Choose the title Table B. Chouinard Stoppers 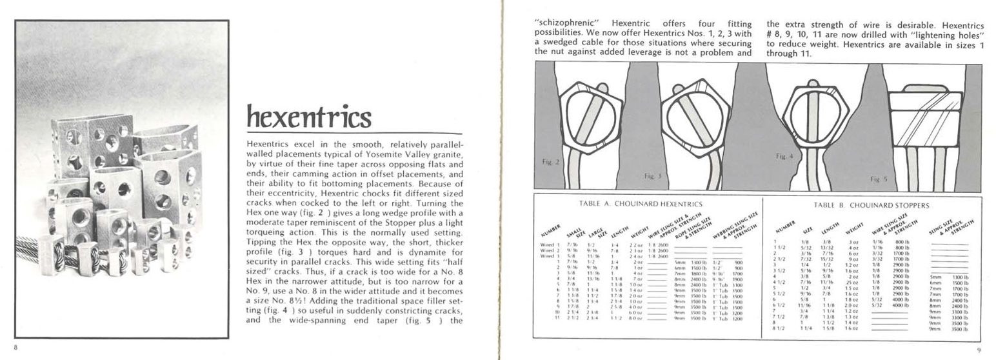click(x=871, y=205)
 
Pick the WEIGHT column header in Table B click(x=854, y=229)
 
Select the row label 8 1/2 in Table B click(x=776, y=329)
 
